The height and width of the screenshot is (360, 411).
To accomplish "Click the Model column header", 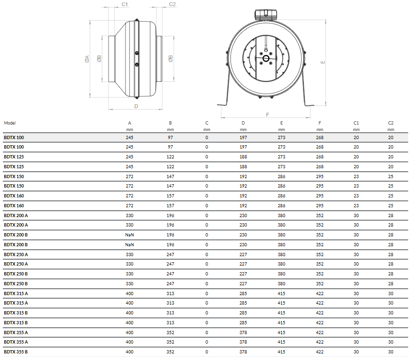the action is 10,123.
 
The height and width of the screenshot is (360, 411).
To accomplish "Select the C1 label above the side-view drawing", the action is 124,4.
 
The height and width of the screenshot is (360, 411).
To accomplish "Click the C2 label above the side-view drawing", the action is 172,4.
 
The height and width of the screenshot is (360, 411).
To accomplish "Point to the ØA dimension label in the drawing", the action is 87,59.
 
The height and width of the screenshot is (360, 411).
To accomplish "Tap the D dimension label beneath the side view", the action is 136,106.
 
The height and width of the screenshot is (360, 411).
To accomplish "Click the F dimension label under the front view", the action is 267,115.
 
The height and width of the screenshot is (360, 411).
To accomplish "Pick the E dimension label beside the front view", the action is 323,62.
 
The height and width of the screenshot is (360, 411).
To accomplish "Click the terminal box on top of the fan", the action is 266,15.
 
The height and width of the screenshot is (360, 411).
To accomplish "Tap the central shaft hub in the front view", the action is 266,58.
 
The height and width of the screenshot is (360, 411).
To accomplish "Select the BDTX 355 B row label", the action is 16,352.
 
